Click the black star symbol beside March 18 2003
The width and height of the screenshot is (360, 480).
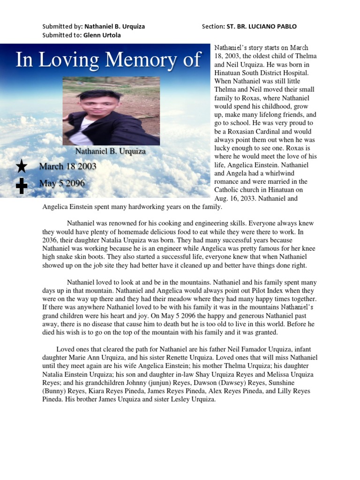pyautogui.click(x=22, y=166)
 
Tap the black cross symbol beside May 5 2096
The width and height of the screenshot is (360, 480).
pyautogui.click(x=22, y=186)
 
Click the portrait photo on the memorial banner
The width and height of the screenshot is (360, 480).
pyautogui.click(x=111, y=111)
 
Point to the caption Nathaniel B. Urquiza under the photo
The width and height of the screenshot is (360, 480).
pyautogui.click(x=111, y=151)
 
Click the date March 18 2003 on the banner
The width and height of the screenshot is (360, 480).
pyautogui.click(x=67, y=166)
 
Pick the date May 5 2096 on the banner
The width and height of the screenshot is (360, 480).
pyautogui.click(x=62, y=183)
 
